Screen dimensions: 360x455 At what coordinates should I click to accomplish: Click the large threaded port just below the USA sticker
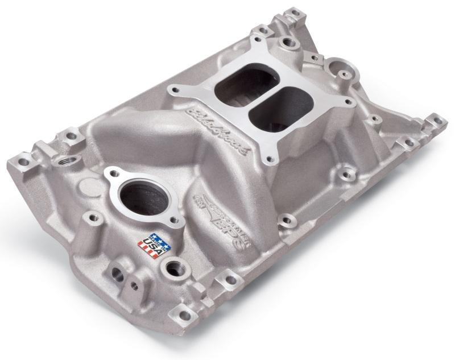173,266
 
